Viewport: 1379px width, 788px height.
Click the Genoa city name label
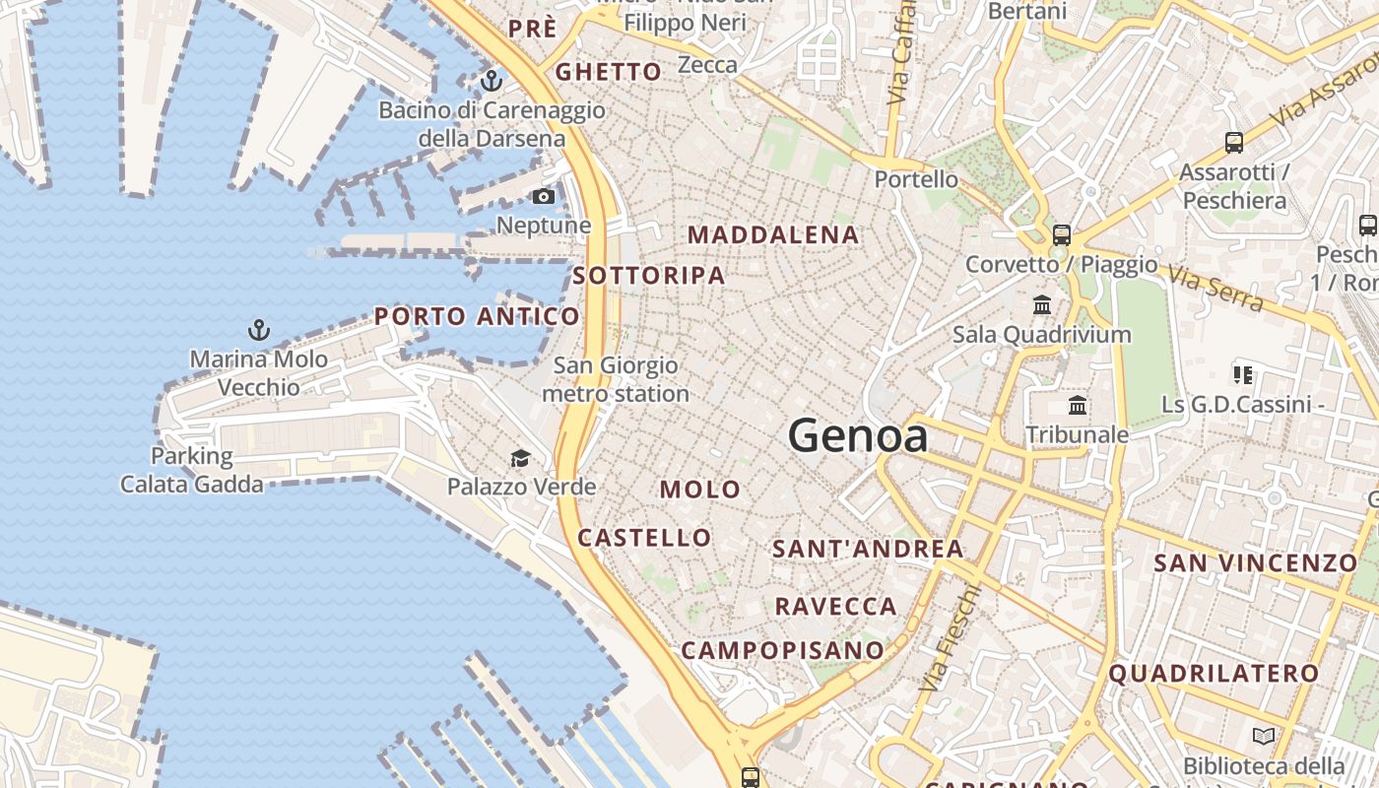tap(857, 435)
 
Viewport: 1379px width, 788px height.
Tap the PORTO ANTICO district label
tap(477, 316)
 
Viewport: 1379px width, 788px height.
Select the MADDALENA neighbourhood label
tap(773, 235)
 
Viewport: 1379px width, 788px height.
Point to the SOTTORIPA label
tap(649, 276)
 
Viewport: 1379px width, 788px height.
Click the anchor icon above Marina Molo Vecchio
tap(259, 329)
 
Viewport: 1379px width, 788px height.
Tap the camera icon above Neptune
tap(543, 197)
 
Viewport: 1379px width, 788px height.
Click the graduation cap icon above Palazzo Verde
tap(520, 458)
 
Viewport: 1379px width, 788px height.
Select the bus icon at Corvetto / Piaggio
tap(1061, 235)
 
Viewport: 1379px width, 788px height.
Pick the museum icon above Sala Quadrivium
tap(1042, 304)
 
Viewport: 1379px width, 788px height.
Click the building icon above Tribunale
tap(1078, 405)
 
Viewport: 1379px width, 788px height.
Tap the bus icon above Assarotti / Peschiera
tap(1233, 142)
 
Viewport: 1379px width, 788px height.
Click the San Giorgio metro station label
tap(615, 379)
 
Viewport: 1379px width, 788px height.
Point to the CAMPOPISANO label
tap(783, 650)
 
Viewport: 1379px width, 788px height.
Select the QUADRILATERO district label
tap(1214, 674)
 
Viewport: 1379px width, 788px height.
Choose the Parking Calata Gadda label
tap(192, 470)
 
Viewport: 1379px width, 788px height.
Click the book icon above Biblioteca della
tap(1263, 736)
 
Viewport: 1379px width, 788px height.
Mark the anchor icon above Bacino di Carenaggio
tap(491, 81)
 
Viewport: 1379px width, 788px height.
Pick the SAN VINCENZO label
tap(1255, 563)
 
